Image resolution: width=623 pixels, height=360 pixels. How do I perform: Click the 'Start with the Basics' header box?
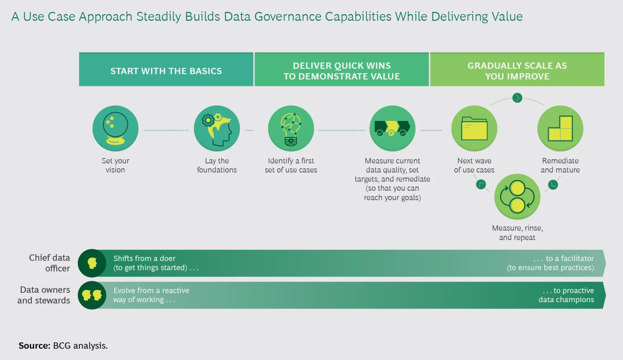point(166,69)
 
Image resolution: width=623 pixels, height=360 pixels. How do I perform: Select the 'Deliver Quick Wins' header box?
point(342,69)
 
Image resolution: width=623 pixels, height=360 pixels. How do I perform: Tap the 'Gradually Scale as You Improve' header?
point(517,69)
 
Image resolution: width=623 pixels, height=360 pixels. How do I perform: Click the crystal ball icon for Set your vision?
point(116,128)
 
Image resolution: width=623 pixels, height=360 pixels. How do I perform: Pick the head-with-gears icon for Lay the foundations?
point(217,128)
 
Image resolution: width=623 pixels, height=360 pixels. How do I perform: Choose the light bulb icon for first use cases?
point(291,128)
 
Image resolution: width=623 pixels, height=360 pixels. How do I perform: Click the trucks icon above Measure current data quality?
point(392,128)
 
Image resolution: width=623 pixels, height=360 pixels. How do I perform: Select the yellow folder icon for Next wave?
point(474,128)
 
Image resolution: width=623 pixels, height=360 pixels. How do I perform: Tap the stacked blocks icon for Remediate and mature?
point(560,128)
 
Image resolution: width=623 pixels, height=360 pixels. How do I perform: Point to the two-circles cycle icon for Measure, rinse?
point(517,197)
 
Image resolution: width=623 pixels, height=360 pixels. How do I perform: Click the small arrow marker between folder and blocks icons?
point(517,98)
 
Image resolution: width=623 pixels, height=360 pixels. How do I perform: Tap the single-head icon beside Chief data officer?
point(92,263)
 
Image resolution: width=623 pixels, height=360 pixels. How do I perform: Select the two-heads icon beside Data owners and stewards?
point(92,295)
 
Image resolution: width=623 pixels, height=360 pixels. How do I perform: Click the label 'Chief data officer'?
point(50,263)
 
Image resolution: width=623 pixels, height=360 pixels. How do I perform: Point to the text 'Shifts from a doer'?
point(145,258)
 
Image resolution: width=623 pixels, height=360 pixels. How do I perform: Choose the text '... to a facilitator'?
point(564,258)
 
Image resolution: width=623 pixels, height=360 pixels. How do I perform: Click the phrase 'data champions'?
point(566,300)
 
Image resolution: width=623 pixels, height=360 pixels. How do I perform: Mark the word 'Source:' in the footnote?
point(34,346)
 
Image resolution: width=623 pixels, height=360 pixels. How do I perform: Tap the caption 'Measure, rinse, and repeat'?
point(517,233)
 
